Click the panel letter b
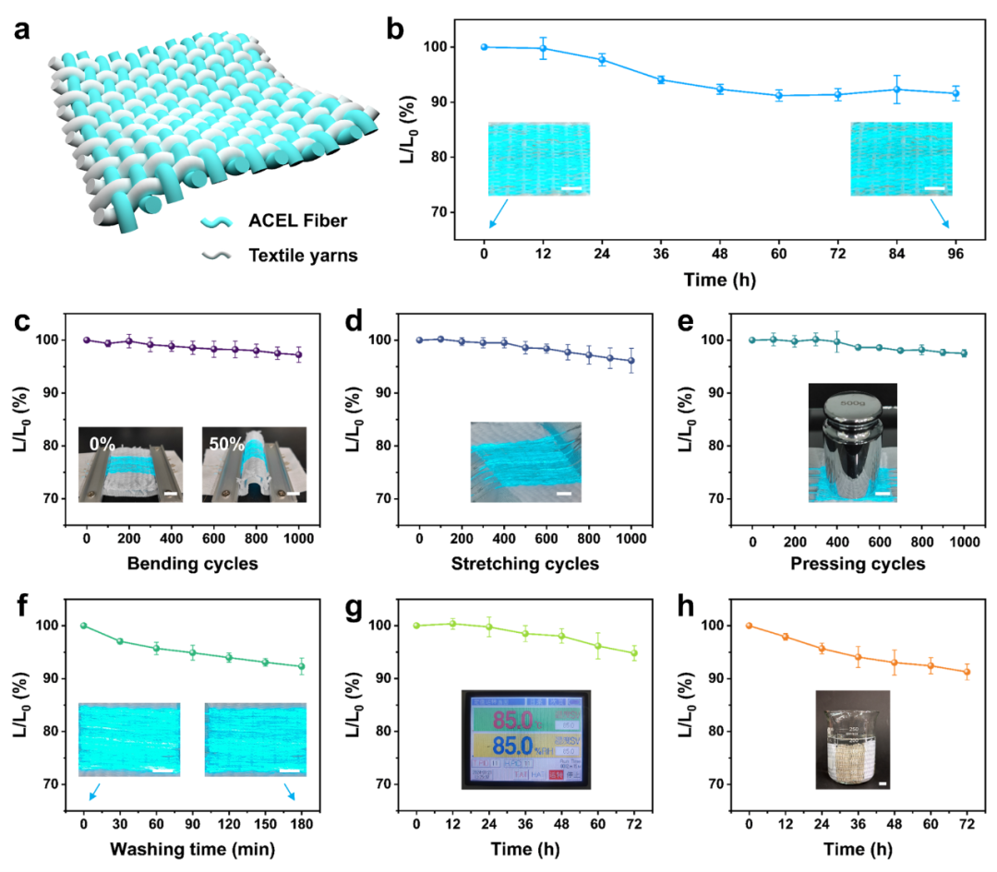click(396, 29)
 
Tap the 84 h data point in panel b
click(895, 90)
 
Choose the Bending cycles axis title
click(193, 563)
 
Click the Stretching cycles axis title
click(525, 563)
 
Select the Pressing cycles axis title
click(859, 563)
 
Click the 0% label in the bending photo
click(103, 444)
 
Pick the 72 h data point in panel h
click(966, 672)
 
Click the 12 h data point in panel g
click(452, 624)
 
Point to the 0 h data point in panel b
click(484, 47)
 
